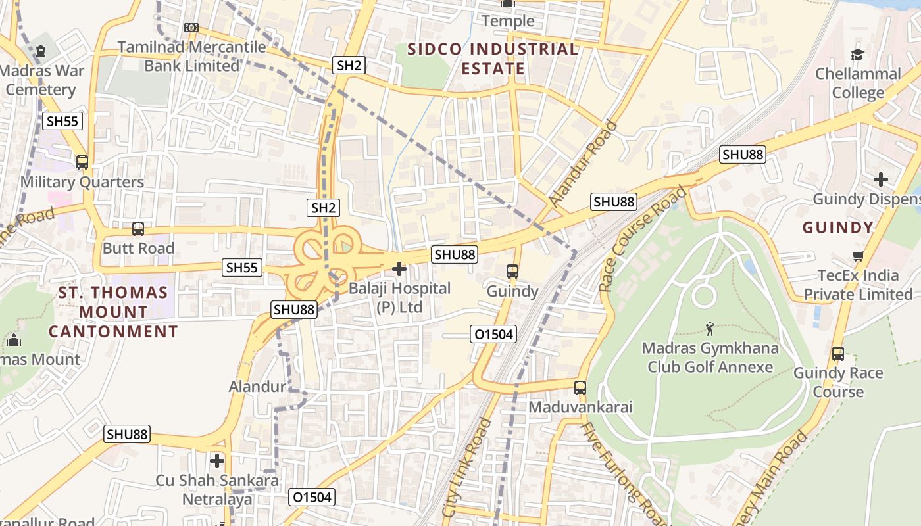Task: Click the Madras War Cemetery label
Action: click(39, 80)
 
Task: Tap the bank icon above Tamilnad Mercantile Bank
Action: click(191, 28)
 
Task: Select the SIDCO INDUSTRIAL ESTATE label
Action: click(493, 59)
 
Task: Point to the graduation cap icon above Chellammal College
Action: click(857, 54)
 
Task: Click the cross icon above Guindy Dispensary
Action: click(881, 179)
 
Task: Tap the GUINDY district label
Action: click(837, 228)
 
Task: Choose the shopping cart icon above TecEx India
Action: click(857, 256)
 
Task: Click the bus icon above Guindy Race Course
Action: click(837, 354)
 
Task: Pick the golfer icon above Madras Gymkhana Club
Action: click(709, 328)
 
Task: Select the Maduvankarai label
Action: click(580, 407)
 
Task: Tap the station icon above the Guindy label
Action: click(512, 271)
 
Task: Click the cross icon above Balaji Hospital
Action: click(399, 269)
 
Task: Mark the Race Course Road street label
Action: click(643, 238)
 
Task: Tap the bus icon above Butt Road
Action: click(138, 229)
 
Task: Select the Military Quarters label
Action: click(82, 182)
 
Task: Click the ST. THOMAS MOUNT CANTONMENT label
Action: click(113, 312)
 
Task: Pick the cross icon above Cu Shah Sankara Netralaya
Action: click(217, 460)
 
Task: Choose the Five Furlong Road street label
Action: click(615, 470)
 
